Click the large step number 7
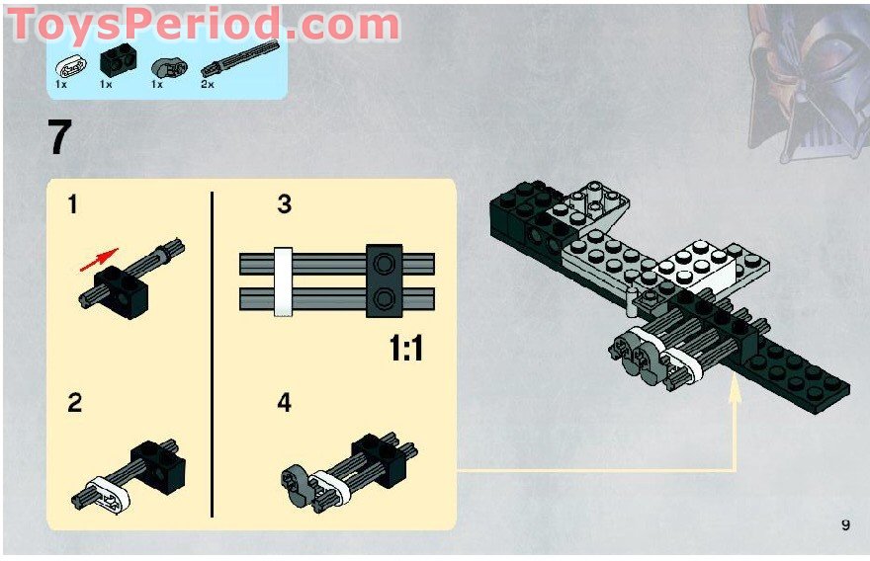coord(60,137)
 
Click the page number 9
coord(845,524)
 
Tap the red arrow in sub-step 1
coord(100,258)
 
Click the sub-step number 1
coord(73,204)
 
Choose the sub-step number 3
coord(285,204)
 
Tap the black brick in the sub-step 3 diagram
coord(384,280)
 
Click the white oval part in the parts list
coord(70,67)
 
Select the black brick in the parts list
coord(117,64)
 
